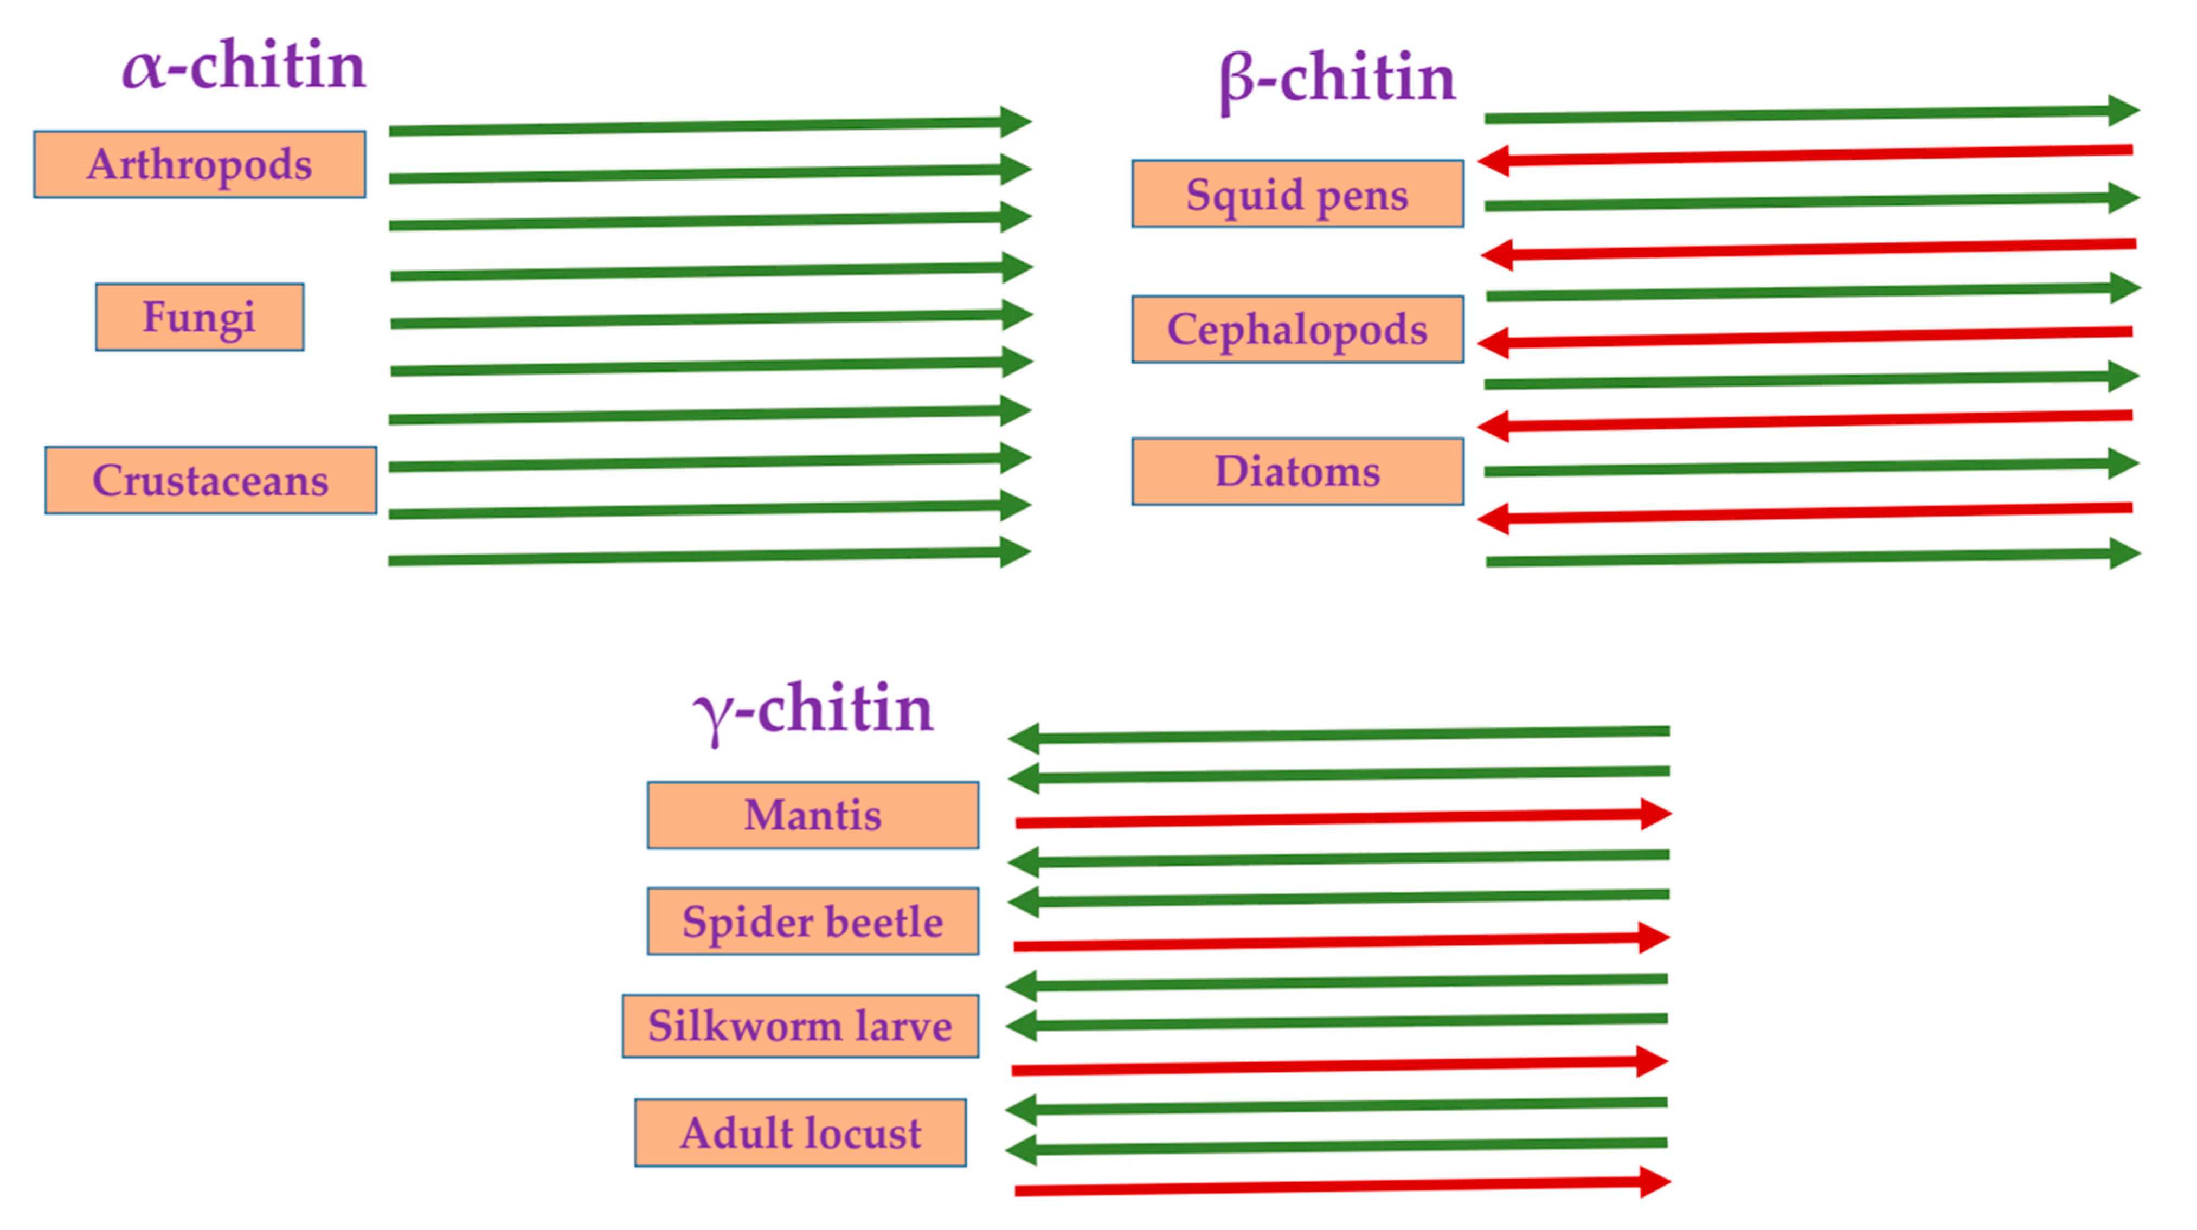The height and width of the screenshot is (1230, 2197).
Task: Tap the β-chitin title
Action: [x=1337, y=79]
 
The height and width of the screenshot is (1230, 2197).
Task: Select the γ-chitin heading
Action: [x=813, y=709]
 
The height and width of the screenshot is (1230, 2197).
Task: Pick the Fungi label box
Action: [x=200, y=317]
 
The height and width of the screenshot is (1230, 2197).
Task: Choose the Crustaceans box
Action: [x=211, y=480]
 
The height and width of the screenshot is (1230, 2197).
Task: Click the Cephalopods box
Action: [x=1297, y=329]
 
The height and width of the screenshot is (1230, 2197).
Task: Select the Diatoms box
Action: [x=1297, y=472]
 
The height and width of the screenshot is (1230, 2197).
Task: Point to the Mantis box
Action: [x=813, y=815]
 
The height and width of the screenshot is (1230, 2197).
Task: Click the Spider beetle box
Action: [x=813, y=921]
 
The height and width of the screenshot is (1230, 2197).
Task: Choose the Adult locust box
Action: [x=800, y=1133]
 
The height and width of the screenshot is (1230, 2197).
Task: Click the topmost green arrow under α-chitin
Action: [x=708, y=126]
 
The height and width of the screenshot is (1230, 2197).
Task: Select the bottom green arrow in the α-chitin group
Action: [x=708, y=557]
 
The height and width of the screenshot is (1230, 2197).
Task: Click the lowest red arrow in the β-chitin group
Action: [x=1808, y=513]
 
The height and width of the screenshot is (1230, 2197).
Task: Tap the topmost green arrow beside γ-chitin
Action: [x=1339, y=735]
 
